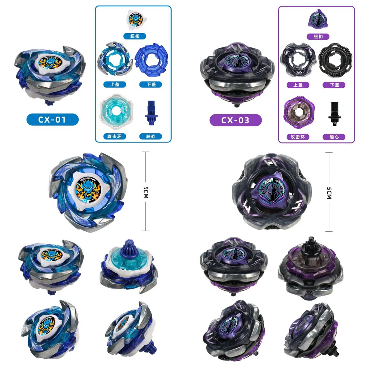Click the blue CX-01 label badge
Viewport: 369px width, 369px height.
[52, 120]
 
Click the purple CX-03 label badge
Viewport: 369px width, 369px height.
[235, 120]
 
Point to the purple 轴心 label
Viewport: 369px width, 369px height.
[334, 137]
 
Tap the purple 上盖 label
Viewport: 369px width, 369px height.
[297, 85]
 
